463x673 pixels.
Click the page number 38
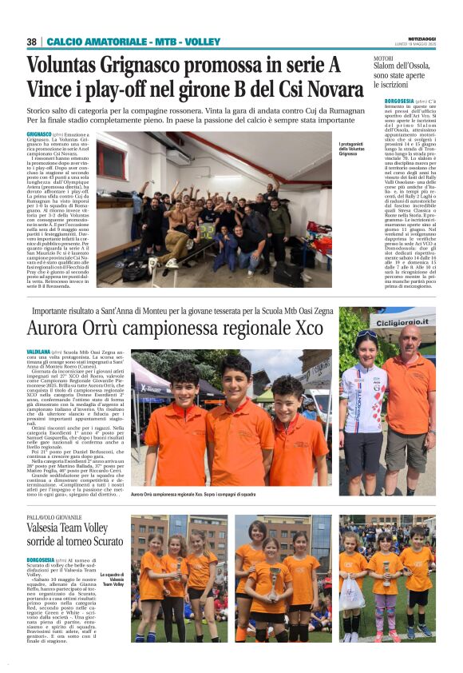pyautogui.click(x=32, y=42)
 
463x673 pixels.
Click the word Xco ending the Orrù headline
pyautogui.click(x=308, y=329)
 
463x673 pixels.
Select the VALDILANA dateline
pyautogui.click(x=38, y=352)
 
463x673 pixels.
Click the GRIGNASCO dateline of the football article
pyautogui.click(x=39, y=134)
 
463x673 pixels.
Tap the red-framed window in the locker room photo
pyautogui.click(x=112, y=162)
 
